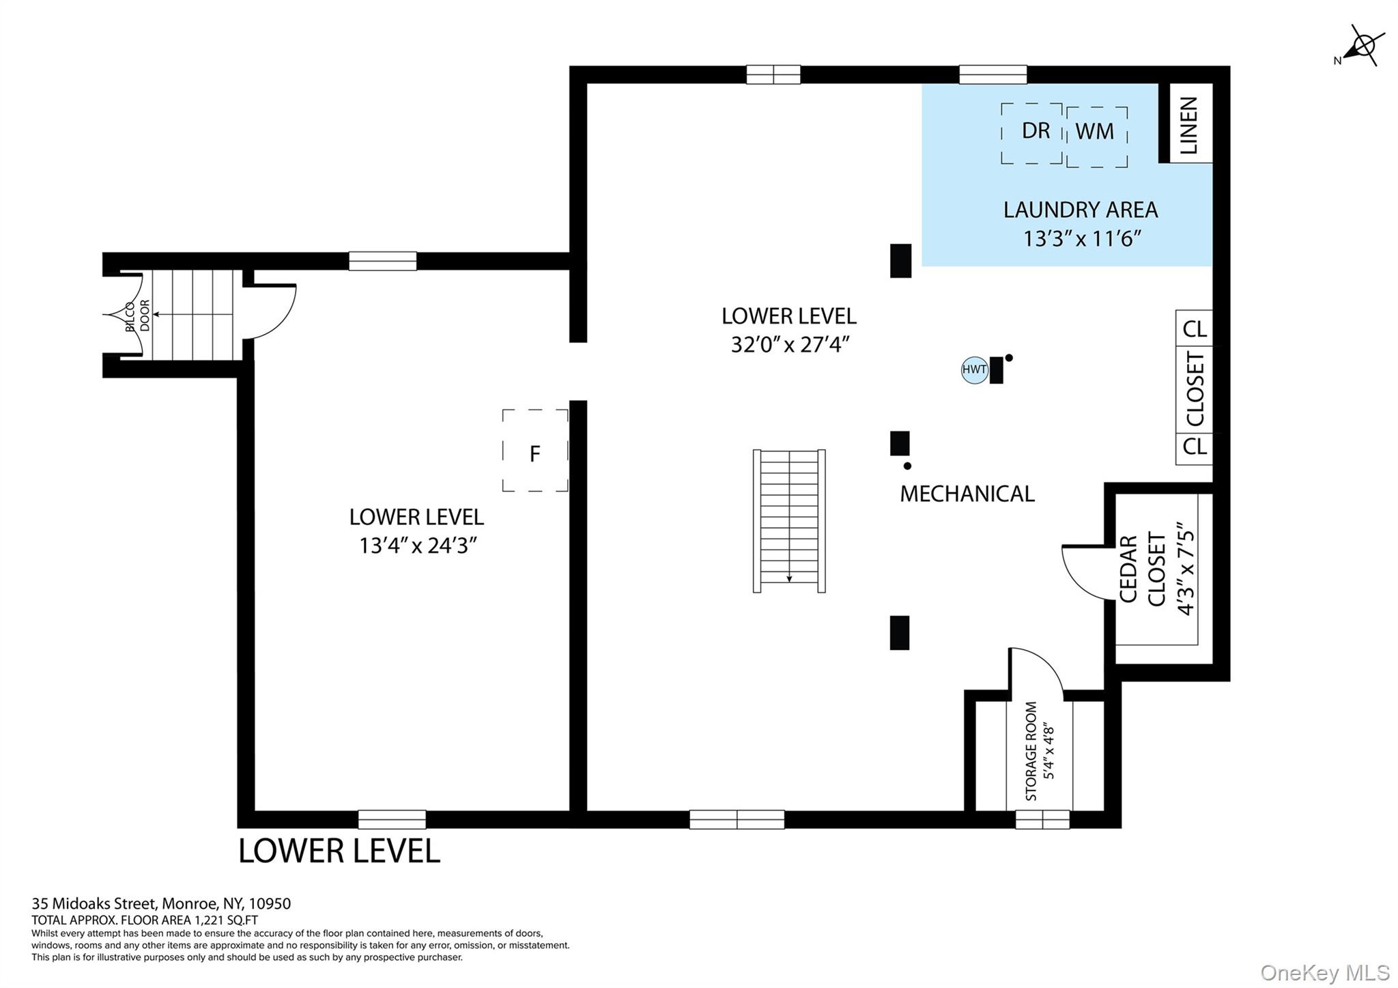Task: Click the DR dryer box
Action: point(1031,133)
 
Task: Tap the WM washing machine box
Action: point(1097,137)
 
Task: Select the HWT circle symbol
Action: point(974,370)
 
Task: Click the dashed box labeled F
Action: point(535,450)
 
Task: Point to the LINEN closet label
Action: point(1188,126)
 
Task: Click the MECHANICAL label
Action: point(967,494)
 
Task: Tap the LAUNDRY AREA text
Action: point(1080,210)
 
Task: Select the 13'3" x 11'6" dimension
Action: point(1082,239)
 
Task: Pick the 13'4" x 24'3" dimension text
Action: point(418,546)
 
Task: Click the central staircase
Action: point(789,521)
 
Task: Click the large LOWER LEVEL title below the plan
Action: point(339,851)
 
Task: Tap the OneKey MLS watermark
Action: point(1325,972)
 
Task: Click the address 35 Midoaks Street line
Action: point(161,903)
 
